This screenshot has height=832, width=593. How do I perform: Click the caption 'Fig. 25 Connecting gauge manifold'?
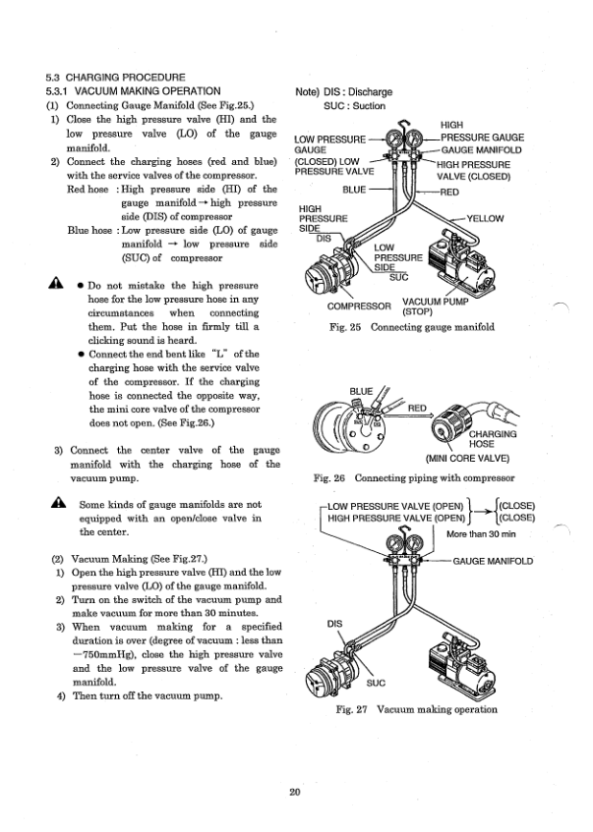coord(414,326)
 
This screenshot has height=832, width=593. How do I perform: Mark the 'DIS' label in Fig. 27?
coord(334,623)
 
